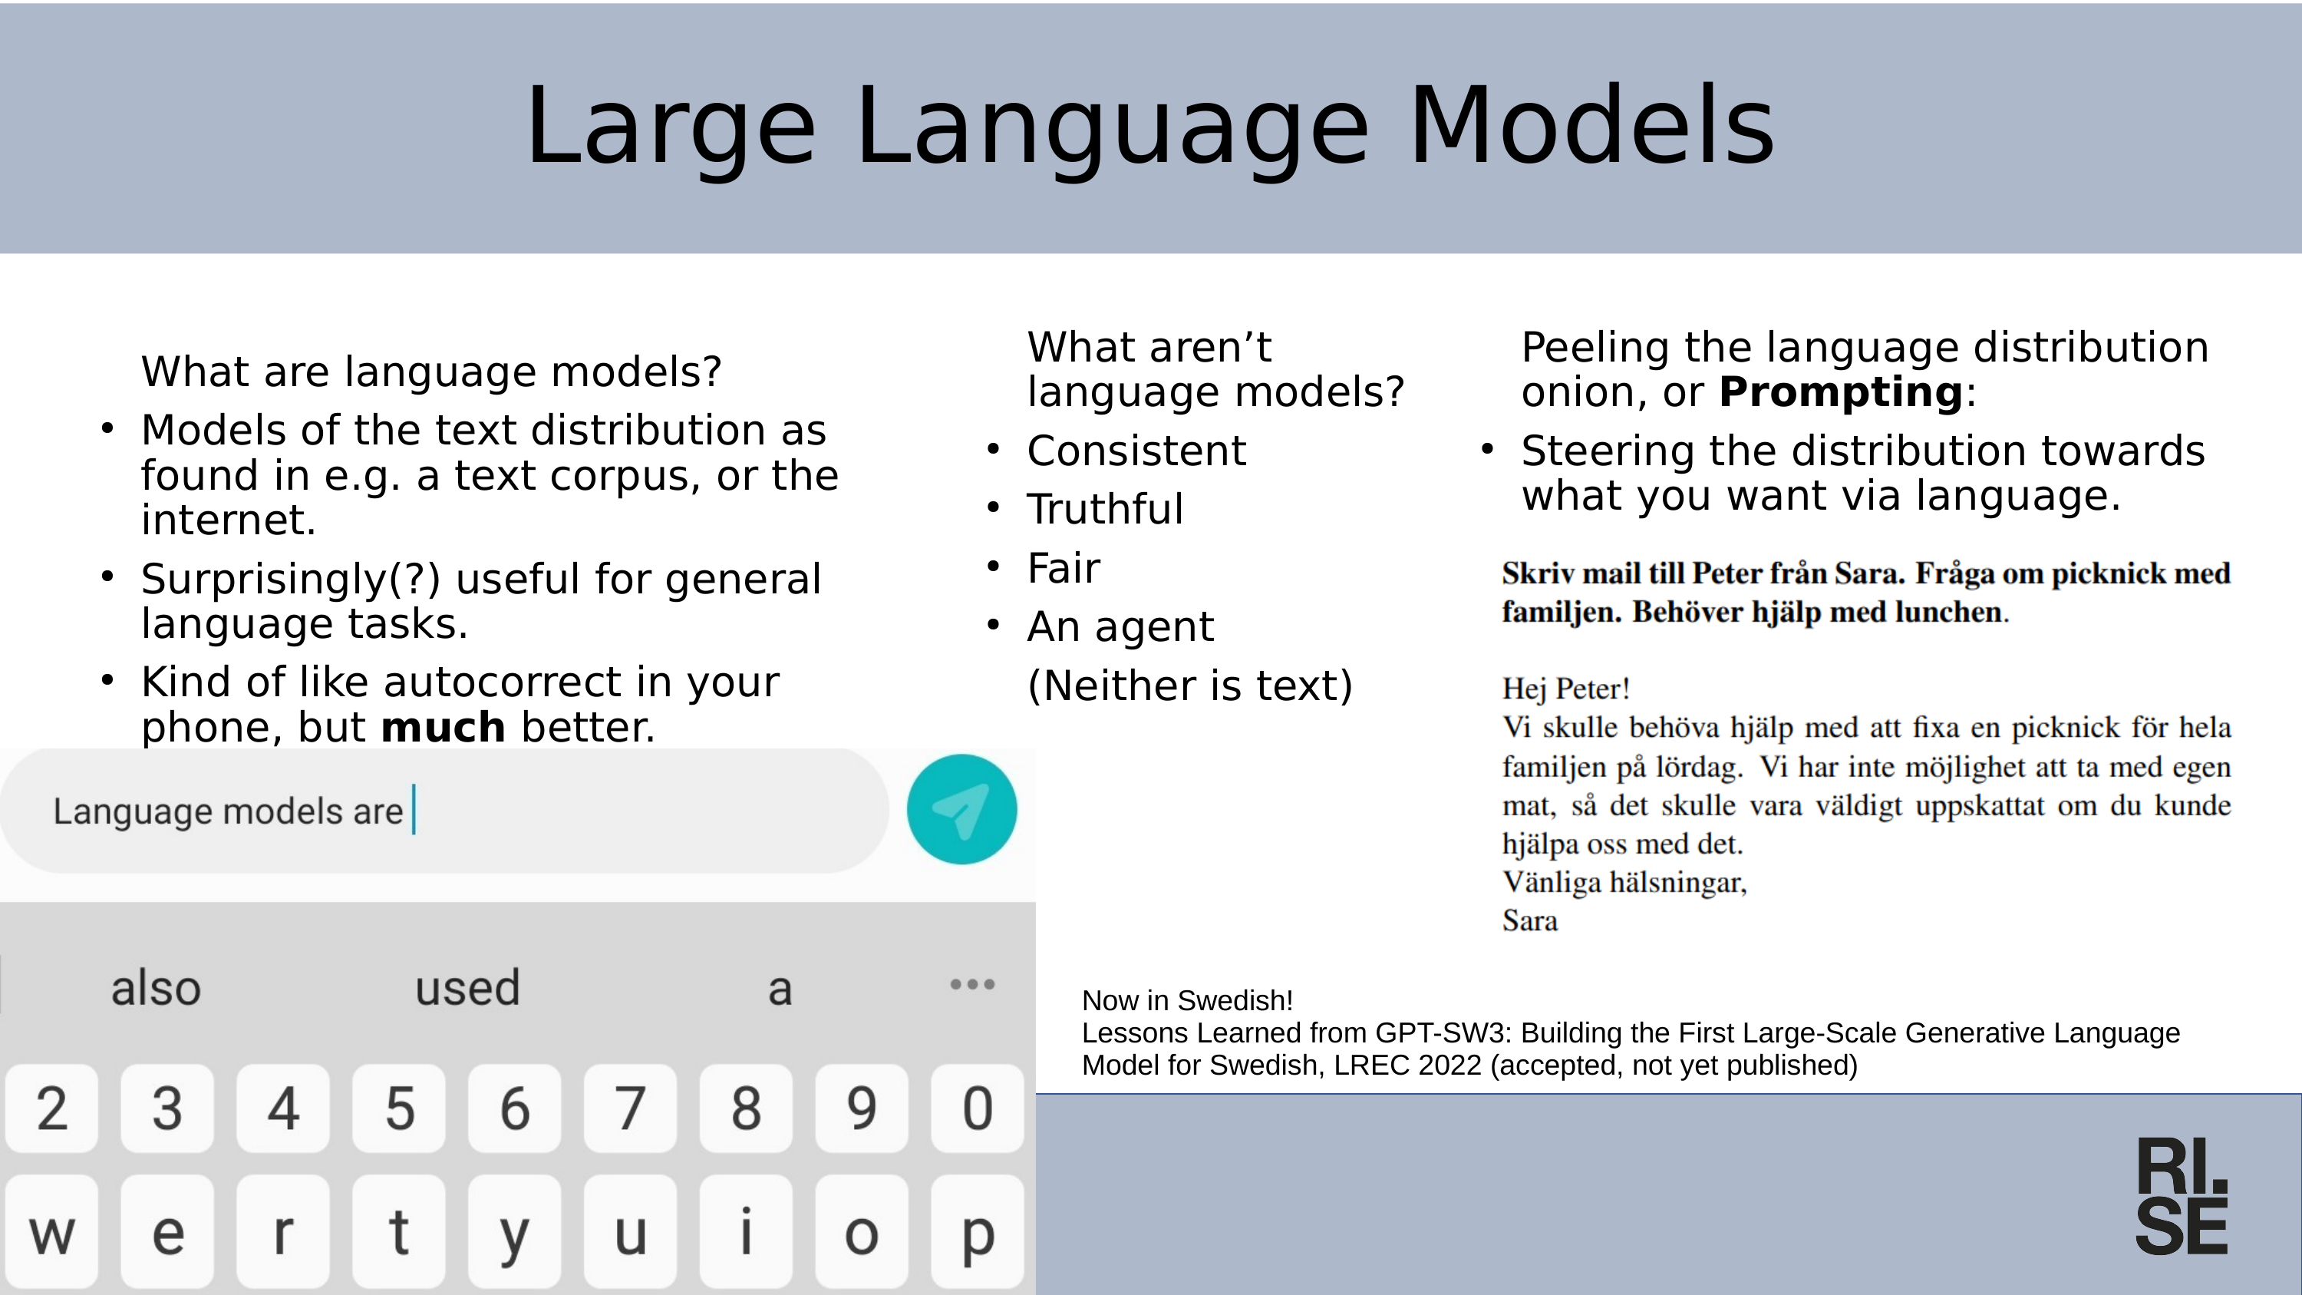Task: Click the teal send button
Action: coord(961,810)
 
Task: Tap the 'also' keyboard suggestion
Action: coord(156,987)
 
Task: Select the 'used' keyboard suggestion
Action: coord(467,987)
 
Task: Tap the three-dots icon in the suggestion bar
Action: coord(972,984)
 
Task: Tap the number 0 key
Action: coord(977,1108)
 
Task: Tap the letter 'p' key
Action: coord(977,1234)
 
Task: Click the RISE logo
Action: coord(2182,1196)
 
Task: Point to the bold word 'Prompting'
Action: coord(1841,392)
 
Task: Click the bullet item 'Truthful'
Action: coord(1104,510)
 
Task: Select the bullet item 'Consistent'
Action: coord(1136,451)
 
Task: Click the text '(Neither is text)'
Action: coord(1189,685)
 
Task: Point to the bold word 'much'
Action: coord(444,727)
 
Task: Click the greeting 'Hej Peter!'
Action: coord(1565,689)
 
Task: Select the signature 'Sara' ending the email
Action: coord(1530,920)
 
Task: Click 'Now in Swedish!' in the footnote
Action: coord(1187,1000)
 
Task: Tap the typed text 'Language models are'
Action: coord(228,811)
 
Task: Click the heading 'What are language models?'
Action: coord(430,372)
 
